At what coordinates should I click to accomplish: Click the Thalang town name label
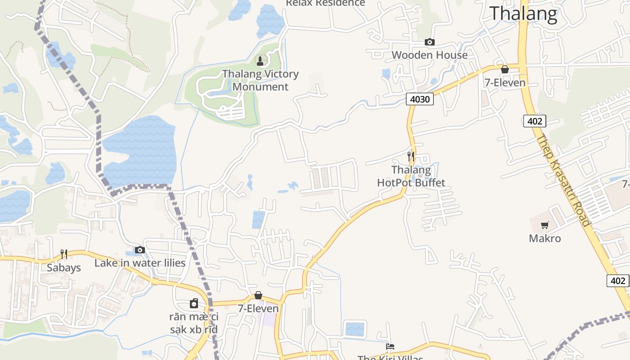523,13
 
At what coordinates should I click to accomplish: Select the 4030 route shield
419,99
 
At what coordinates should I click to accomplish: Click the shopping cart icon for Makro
545,225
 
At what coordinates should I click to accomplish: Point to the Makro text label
545,238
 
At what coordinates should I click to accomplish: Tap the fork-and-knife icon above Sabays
64,254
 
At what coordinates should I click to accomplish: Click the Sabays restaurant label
64,268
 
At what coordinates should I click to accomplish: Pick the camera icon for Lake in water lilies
140,250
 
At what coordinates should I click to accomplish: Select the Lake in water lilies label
140,263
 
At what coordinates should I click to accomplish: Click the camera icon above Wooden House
430,42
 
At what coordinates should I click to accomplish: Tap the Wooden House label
430,55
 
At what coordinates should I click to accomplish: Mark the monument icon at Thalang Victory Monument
260,61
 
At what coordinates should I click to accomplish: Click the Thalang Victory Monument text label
261,80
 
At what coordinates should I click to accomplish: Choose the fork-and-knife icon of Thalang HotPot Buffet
411,156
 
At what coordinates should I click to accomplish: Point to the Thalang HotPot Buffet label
411,176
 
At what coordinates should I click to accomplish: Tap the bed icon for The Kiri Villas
390,346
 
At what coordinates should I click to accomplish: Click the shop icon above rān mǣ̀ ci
194,303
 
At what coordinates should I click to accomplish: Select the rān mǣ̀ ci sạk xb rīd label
194,323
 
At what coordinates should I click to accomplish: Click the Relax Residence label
325,3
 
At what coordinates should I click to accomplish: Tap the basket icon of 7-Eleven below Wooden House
505,69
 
